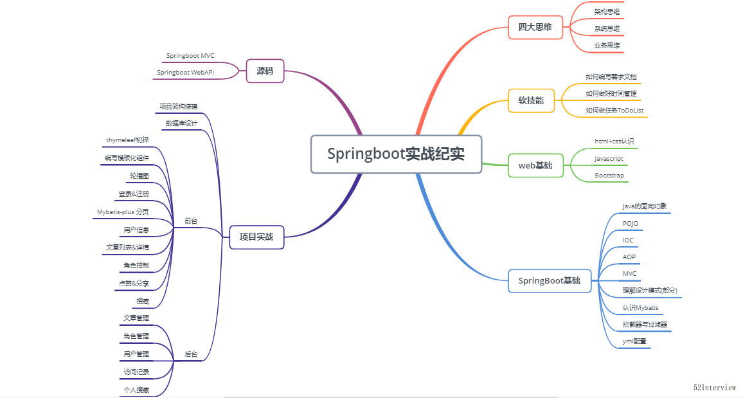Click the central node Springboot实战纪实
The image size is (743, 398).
click(x=396, y=154)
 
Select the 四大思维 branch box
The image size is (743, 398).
click(x=535, y=27)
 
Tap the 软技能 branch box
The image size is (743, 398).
click(x=531, y=100)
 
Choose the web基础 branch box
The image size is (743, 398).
click(x=535, y=165)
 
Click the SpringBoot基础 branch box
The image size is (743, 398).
click(x=549, y=281)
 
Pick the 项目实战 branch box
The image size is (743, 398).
click(x=256, y=237)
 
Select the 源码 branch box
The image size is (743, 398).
click(x=265, y=71)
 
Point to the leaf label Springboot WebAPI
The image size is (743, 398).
click(x=186, y=73)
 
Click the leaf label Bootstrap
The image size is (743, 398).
click(x=609, y=175)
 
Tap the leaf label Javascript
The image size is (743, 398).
click(x=609, y=158)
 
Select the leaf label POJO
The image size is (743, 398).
click(x=631, y=223)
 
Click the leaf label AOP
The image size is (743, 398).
click(x=629, y=257)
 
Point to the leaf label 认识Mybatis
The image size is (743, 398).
click(x=640, y=307)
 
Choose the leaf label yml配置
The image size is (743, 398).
click(x=634, y=341)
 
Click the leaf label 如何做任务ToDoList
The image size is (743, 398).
click(x=614, y=110)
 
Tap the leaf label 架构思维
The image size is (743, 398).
click(x=607, y=12)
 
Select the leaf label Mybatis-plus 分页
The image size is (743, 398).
click(x=123, y=212)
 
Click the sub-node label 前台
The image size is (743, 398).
click(x=191, y=221)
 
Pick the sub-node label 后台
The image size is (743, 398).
click(x=191, y=354)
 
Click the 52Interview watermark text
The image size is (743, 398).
click(x=715, y=388)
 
